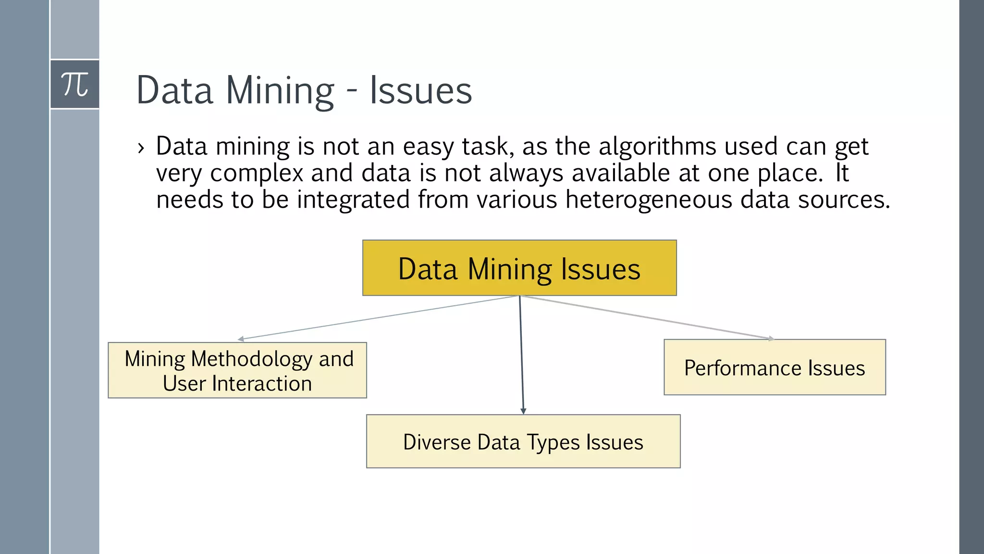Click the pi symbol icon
pyautogui.click(x=75, y=85)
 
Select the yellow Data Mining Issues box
pyautogui.click(x=519, y=268)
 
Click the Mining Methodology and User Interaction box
pyautogui.click(x=237, y=370)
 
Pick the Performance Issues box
pyautogui.click(x=775, y=367)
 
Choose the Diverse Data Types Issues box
pyautogui.click(x=523, y=441)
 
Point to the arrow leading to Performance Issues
pyautogui.click(x=649, y=317)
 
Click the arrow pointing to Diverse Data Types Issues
pyautogui.click(x=521, y=356)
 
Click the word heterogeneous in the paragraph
pyautogui.click(x=649, y=199)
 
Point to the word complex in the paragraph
pyautogui.click(x=257, y=173)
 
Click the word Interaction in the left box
pyautogui.click(x=262, y=384)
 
